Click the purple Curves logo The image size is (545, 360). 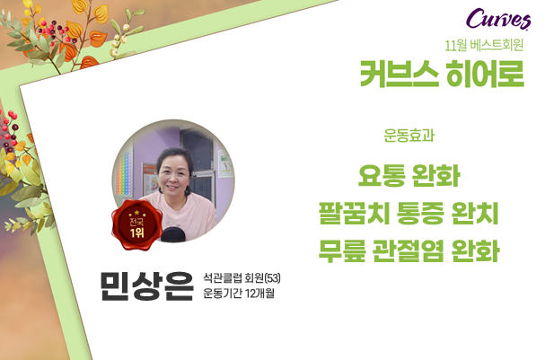pyautogui.click(x=498, y=19)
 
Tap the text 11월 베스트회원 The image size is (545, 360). pyautogui.click(x=484, y=46)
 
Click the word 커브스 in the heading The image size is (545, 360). pyautogui.click(x=399, y=74)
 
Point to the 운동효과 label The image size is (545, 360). pyautogui.click(x=409, y=136)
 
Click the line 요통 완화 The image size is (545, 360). pyautogui.click(x=409, y=176)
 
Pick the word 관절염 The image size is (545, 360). pyautogui.click(x=409, y=250)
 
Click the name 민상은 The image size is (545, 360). pyautogui.click(x=146, y=285)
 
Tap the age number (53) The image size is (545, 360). pyautogui.click(x=273, y=278)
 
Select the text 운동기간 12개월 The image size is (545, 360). pyautogui.click(x=239, y=294)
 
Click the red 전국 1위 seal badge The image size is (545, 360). pyautogui.click(x=137, y=224)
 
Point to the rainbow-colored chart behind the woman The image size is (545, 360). pyautogui.click(x=124, y=173)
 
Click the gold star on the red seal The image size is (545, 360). pyautogui.click(x=137, y=212)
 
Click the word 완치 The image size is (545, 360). pyautogui.click(x=475, y=213)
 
